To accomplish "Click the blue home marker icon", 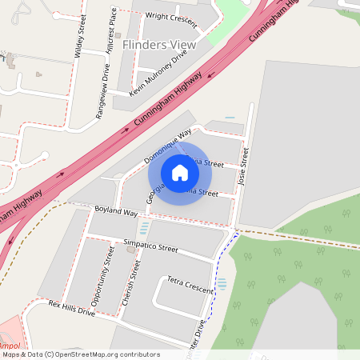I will tap(180, 173).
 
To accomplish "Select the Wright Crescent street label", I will tap(171, 16).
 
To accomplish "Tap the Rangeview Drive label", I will tap(102, 92).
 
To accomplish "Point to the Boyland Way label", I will tap(116, 211).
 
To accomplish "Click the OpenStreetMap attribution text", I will tap(82, 354).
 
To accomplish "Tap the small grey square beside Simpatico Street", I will tap(131, 250).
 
